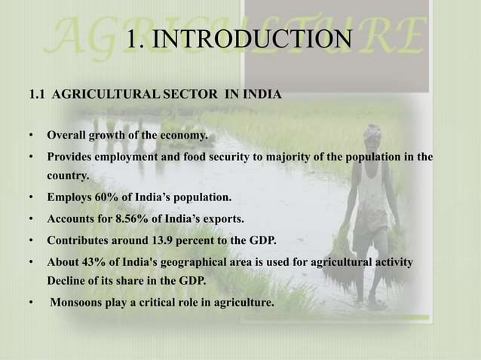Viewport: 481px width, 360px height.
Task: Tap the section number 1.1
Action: (37, 96)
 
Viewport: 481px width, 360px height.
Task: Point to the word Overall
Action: (66, 136)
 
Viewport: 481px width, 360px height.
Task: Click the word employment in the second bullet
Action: (125, 157)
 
